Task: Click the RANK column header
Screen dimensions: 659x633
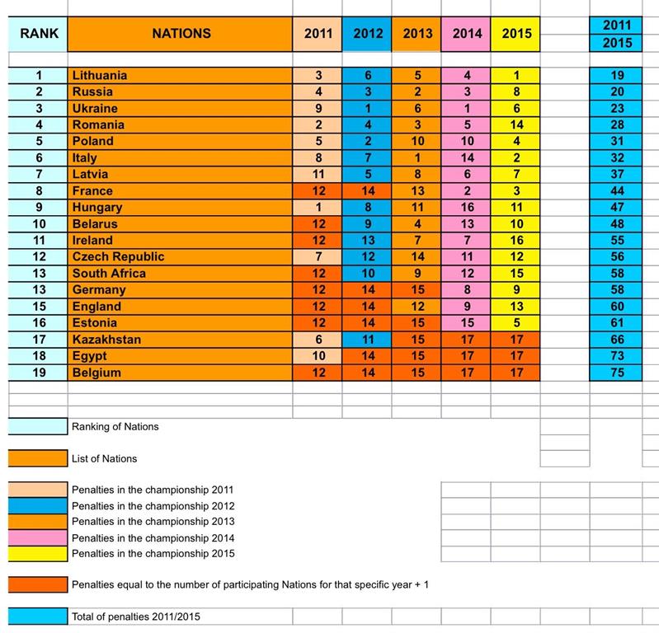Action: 39,34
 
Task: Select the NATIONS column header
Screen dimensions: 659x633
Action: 181,34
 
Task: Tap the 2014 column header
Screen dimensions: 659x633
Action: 467,34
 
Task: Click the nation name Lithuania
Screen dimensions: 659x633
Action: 100,75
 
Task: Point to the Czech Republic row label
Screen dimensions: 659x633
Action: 118,256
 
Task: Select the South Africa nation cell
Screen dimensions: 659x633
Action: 180,274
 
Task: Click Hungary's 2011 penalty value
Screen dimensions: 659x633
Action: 318,207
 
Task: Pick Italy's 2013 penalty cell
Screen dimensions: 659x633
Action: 417,158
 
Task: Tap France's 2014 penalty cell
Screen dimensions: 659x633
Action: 466,190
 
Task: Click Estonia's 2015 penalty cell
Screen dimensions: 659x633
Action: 515,323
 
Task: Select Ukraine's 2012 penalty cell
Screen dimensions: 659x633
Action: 367,108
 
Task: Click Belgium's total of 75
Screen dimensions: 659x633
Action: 617,373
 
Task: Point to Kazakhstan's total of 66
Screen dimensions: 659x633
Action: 617,340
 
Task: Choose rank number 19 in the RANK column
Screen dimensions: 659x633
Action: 39,373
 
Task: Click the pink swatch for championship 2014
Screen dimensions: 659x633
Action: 38,538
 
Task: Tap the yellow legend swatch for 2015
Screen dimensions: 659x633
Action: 38,554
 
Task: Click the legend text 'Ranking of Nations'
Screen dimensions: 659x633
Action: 115,427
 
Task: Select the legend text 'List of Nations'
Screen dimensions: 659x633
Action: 104,459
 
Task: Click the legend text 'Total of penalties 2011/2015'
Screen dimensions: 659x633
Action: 136,617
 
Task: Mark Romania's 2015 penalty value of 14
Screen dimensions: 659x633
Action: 516,124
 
